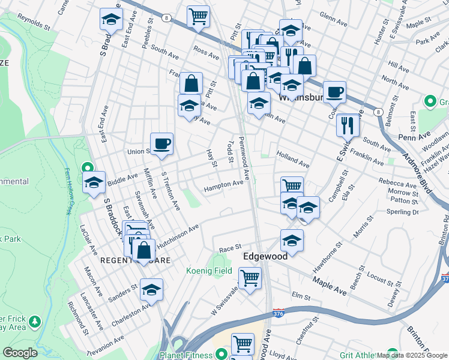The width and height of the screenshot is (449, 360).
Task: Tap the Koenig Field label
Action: (208, 271)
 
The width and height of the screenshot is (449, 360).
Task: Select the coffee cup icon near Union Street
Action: (161, 145)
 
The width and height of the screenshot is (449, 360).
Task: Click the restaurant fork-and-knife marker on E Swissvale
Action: (348, 125)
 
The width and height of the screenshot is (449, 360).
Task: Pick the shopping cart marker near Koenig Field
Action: (250, 278)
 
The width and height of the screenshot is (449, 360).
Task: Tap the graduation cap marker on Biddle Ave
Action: (94, 184)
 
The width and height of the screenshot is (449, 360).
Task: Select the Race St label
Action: (230, 247)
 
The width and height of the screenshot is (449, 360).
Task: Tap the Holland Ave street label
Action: (292, 159)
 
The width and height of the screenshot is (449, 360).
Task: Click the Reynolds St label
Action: (34, 23)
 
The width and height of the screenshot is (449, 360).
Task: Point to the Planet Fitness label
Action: (186, 355)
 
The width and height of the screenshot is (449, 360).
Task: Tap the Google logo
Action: (20, 352)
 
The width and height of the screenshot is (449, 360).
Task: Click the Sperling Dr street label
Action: (402, 212)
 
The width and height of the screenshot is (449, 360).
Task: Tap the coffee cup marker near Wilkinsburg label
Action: (334, 92)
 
